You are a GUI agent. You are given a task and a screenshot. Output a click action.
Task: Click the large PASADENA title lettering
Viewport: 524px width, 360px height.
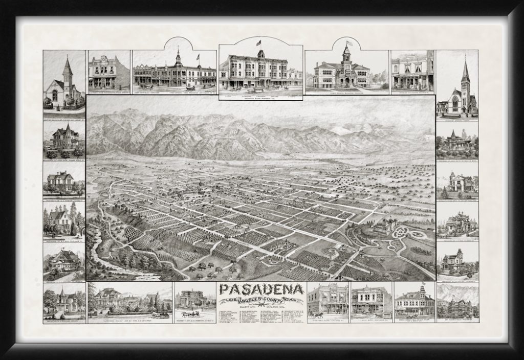[x=261, y=289]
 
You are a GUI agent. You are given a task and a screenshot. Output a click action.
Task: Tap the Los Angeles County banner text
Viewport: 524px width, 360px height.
[x=261, y=299]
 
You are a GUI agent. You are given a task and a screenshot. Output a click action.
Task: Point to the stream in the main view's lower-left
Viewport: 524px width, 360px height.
[x=97, y=256]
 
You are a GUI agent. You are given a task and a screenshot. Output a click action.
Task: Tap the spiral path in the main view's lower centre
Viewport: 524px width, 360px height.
[x=330, y=253]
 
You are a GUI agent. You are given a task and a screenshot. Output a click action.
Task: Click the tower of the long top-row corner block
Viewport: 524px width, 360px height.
[x=178, y=59]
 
